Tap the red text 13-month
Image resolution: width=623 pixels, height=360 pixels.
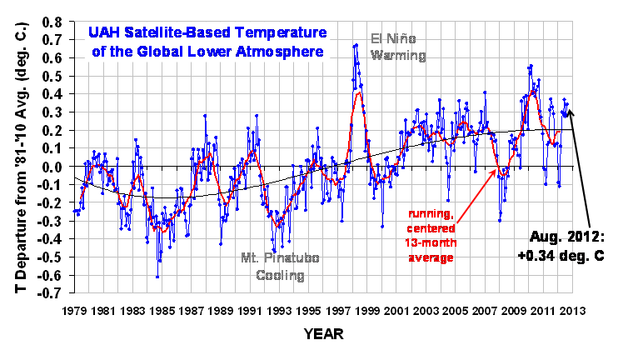tap(430, 242)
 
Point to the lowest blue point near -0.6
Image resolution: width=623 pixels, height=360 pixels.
tap(157, 276)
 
